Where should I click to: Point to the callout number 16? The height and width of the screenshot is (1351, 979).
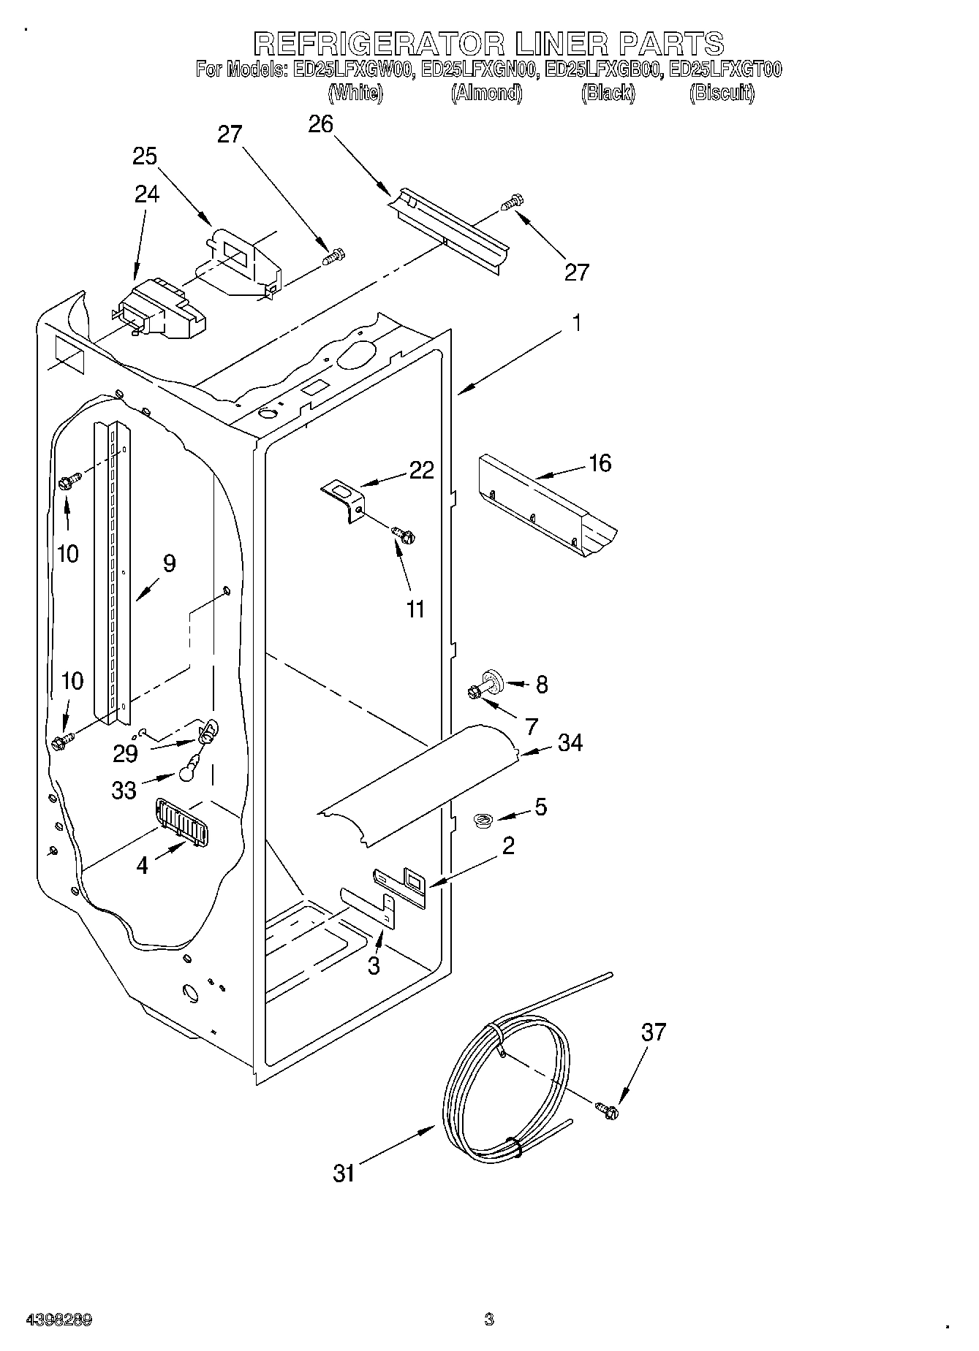[x=600, y=463]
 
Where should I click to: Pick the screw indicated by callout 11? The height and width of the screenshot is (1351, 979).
[x=403, y=534]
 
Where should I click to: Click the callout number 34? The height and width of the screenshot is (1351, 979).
[x=570, y=743]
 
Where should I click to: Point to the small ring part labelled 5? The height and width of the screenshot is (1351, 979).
[x=482, y=822]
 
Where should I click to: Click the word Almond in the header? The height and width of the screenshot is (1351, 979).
[x=486, y=93]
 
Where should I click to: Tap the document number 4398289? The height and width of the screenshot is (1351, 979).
[x=59, y=1320]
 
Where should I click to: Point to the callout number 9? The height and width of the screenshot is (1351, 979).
[x=169, y=563]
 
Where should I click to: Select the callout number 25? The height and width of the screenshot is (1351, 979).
[x=145, y=156]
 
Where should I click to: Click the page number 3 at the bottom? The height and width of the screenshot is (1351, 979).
[x=489, y=1320]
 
